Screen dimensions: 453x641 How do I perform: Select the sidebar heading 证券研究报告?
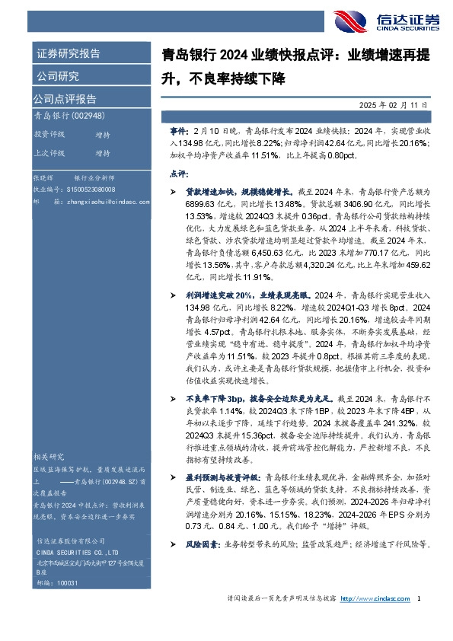(x=67, y=54)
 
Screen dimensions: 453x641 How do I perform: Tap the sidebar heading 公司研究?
(x=56, y=76)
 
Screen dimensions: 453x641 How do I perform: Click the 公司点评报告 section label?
(x=64, y=99)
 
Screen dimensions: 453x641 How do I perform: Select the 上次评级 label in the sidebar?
(x=49, y=152)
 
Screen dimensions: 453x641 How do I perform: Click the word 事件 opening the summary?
(x=177, y=131)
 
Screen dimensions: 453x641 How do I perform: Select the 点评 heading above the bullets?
(x=178, y=174)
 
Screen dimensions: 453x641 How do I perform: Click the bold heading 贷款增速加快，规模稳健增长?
(x=233, y=193)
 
